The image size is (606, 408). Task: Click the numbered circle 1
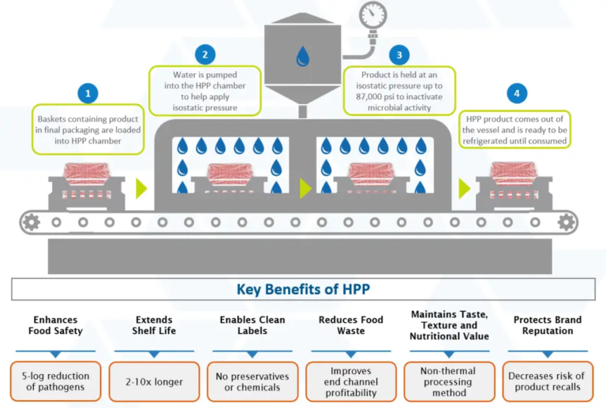[x=88, y=93]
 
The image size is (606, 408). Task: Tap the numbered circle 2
[x=204, y=54]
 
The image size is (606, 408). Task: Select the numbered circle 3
[x=399, y=54]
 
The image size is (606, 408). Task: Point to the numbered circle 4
[x=516, y=94]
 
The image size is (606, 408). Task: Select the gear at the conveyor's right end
[x=566, y=222]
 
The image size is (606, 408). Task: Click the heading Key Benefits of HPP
[x=303, y=289]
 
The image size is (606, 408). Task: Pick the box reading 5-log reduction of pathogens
[x=55, y=381]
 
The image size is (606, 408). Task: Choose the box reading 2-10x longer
[x=155, y=381]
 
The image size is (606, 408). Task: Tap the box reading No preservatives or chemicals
[x=252, y=381]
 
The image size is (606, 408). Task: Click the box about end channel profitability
[x=351, y=381]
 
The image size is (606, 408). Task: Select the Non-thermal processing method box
[x=449, y=381]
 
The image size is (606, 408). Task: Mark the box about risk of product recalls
[x=547, y=381]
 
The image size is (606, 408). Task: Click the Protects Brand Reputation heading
[x=547, y=325]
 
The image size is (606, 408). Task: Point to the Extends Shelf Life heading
[x=155, y=325]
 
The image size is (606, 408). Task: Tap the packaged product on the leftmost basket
[x=87, y=173]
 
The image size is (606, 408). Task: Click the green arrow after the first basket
[x=141, y=188]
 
